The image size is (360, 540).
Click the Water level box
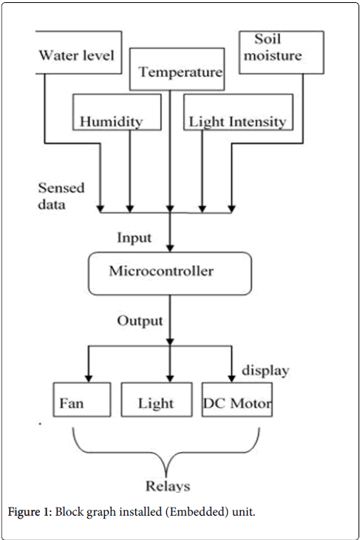click(78, 52)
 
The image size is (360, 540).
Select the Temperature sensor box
click(177, 69)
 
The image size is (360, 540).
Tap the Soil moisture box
click(282, 52)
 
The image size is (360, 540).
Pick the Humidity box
click(117, 112)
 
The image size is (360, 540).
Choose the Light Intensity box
click(238, 112)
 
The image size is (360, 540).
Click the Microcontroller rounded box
click(170, 273)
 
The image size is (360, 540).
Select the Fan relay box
click(82, 400)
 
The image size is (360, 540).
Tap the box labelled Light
click(157, 400)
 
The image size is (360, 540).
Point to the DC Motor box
click(237, 400)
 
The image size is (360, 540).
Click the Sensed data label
click(61, 196)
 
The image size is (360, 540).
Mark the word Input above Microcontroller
click(134, 238)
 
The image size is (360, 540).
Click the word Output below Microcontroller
click(140, 321)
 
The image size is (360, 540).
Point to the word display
click(265, 371)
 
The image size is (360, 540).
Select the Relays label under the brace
click(168, 486)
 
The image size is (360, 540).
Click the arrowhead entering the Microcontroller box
click(170, 248)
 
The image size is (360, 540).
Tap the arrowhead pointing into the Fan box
click(89, 378)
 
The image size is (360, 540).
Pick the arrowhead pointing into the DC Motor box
click(231, 378)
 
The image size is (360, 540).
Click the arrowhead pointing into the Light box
click(170, 378)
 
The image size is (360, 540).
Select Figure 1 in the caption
click(30, 512)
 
